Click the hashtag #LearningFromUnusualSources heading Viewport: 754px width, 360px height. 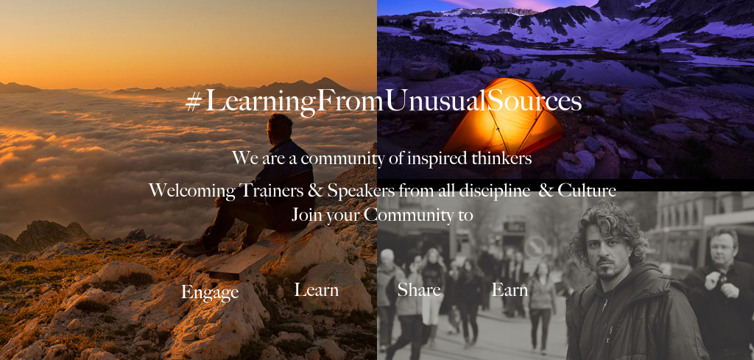click(383, 102)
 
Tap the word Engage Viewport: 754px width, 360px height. click(210, 292)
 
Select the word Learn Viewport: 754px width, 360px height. click(316, 290)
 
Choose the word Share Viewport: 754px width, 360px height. click(419, 290)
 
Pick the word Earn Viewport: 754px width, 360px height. click(510, 290)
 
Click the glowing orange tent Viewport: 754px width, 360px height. click(502, 117)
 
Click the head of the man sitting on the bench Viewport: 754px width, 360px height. click(280, 127)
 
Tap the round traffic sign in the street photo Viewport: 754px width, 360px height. click(535, 247)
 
